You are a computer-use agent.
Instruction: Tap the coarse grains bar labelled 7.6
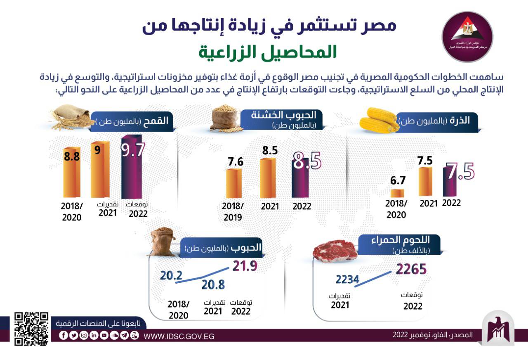click(233, 183)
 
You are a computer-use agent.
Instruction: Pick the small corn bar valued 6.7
click(398, 193)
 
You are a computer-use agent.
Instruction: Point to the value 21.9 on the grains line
click(245, 266)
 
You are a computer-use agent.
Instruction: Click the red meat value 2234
click(348, 279)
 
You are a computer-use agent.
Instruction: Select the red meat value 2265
click(411, 269)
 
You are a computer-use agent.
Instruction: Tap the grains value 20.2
click(171, 275)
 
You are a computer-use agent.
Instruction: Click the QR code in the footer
click(31, 329)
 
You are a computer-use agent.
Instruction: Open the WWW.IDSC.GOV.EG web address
click(179, 336)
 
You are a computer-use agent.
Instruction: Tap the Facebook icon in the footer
click(63, 336)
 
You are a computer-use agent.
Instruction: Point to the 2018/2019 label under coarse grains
click(233, 211)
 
